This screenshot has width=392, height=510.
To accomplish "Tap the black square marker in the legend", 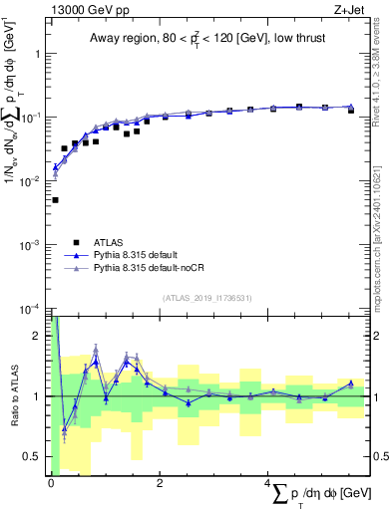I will [x=76, y=241].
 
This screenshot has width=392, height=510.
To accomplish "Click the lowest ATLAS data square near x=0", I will [x=54, y=200].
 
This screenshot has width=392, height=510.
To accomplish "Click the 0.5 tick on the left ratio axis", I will [x=35, y=457].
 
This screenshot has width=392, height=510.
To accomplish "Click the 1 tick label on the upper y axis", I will [x=39, y=54].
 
